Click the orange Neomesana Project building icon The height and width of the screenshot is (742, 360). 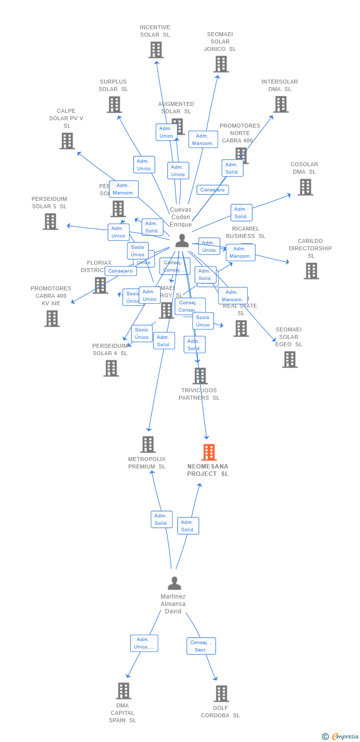(x=209, y=452)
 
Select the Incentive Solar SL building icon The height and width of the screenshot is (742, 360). (x=156, y=50)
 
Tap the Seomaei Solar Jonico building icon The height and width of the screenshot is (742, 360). (x=221, y=64)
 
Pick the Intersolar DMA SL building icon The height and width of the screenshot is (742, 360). (x=281, y=104)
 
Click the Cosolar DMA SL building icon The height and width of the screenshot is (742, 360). (x=305, y=187)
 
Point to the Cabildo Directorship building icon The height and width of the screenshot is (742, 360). (x=311, y=271)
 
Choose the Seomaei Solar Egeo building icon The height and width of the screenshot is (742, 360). (x=290, y=359)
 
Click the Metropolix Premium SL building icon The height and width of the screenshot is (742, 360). (x=148, y=444)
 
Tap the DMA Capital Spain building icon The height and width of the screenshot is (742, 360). (x=123, y=691)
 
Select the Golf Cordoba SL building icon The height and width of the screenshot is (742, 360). (x=221, y=694)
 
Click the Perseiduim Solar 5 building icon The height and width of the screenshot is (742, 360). (x=50, y=221)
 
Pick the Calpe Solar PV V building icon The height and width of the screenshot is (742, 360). (x=67, y=141)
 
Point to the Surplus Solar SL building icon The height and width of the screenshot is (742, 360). (x=114, y=104)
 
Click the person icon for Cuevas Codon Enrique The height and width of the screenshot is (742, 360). (x=182, y=240)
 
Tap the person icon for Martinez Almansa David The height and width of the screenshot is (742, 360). (x=174, y=583)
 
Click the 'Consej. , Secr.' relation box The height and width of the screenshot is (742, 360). (x=201, y=646)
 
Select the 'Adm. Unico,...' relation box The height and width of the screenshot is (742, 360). (x=144, y=643)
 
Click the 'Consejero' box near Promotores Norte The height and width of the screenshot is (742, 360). (x=213, y=189)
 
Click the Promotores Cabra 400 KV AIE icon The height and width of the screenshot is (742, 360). (x=51, y=319)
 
